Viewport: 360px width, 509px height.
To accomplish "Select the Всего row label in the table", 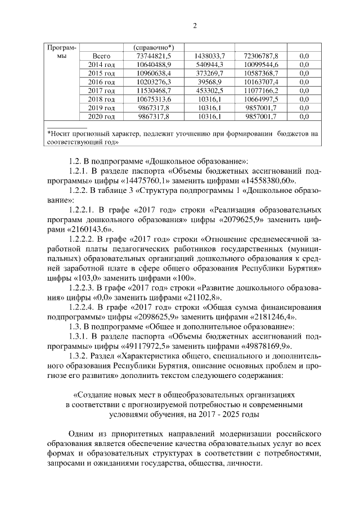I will [x=101, y=56].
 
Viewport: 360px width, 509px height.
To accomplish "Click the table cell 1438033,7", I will [x=209, y=56].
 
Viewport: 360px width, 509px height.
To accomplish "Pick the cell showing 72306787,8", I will [x=260, y=56].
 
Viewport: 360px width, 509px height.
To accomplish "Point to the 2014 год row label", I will [x=101, y=65].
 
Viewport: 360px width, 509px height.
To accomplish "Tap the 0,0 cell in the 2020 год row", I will [x=304, y=116].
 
